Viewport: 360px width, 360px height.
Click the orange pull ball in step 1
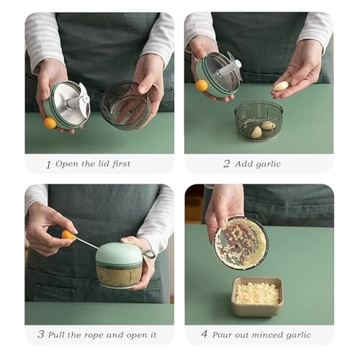[50, 122]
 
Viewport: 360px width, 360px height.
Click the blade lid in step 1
[69, 103]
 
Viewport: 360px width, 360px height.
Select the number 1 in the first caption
[48, 164]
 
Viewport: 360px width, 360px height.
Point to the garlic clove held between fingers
[281, 86]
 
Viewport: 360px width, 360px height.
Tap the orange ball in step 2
[202, 85]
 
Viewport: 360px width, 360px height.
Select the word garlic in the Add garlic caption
[266, 163]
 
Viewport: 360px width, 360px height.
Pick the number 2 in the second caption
[226, 163]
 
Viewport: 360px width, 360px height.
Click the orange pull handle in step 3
[68, 234]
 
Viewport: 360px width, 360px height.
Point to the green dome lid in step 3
[119, 254]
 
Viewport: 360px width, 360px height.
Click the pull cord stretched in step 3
[86, 243]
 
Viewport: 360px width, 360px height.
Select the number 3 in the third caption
[40, 335]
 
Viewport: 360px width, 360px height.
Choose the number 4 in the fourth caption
[204, 335]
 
